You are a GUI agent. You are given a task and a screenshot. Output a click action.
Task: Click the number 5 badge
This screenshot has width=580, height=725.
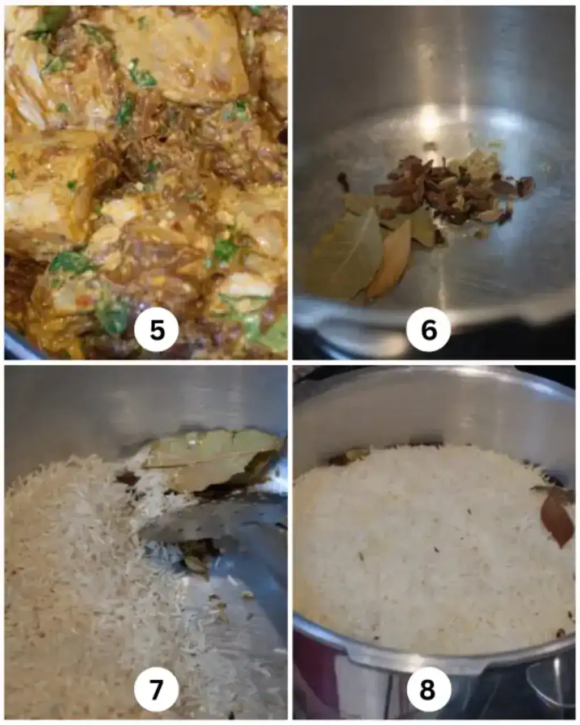coord(156,329)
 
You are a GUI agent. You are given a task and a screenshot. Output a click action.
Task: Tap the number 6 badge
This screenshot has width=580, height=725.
coord(428,329)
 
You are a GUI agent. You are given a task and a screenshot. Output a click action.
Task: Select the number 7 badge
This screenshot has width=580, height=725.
coord(156,689)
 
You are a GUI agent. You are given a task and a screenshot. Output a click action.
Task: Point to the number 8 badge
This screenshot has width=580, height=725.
coord(428,689)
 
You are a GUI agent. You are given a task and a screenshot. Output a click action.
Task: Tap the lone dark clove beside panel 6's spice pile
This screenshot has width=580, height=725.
coord(344,178)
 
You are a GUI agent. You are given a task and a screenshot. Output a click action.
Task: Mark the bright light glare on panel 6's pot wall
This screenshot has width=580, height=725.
coord(430,116)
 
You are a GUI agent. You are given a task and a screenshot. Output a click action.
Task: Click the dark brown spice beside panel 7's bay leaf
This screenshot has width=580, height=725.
coord(127,479)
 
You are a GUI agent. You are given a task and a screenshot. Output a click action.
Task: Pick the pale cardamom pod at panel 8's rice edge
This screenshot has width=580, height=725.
coord(357,455)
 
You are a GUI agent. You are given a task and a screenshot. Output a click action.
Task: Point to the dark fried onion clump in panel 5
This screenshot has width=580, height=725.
coord(135,148)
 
